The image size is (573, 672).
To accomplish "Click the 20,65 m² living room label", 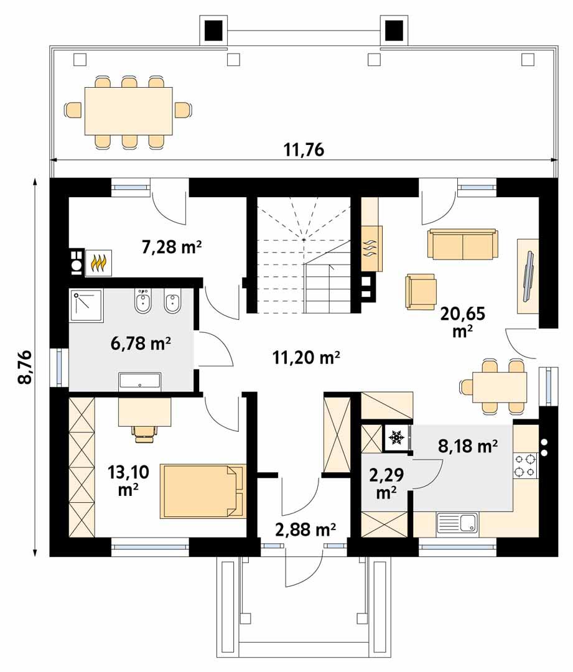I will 462,320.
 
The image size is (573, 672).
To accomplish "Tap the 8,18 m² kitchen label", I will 468,446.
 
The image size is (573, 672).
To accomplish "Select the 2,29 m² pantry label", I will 387,484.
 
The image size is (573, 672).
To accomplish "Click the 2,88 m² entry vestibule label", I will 305,530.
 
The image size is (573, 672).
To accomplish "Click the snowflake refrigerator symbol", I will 396,438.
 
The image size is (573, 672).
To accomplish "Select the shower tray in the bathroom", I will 86,305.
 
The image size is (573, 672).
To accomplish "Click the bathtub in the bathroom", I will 140,381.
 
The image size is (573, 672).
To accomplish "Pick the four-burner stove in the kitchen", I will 524,465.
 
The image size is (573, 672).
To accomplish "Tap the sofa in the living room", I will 462,244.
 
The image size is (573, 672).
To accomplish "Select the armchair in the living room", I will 421,291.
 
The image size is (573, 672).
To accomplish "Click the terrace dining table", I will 129,111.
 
